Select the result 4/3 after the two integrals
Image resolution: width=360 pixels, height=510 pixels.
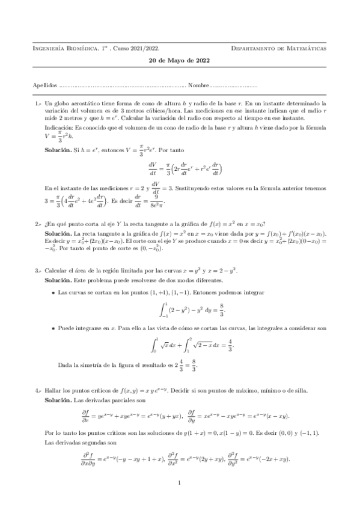pos(231,346)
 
